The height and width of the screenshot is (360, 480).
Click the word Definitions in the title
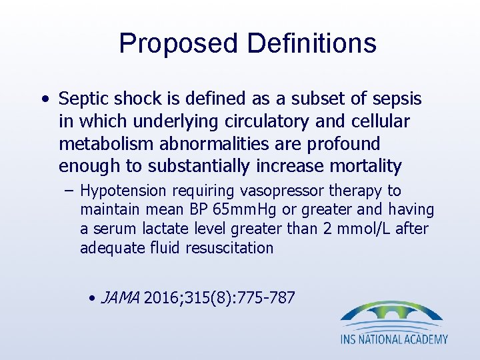pos(311,43)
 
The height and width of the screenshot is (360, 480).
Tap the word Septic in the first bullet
pos(83,99)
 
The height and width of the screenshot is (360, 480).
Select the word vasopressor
pos(271,191)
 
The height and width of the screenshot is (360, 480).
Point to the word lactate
pos(164,229)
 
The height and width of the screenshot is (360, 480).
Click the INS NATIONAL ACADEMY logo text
pos(394,339)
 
